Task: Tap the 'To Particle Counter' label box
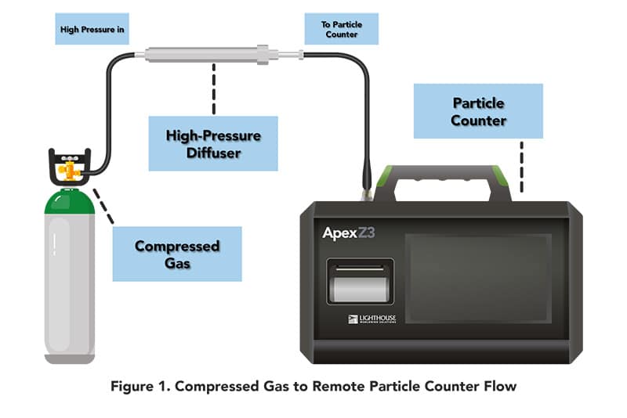(341, 29)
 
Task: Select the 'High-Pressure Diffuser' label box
(213, 143)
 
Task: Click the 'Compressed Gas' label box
(177, 254)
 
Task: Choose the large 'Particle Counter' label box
(479, 111)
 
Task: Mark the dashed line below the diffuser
(213, 88)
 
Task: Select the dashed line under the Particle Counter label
(520, 166)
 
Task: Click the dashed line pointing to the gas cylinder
(103, 206)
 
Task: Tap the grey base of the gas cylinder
(70, 357)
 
